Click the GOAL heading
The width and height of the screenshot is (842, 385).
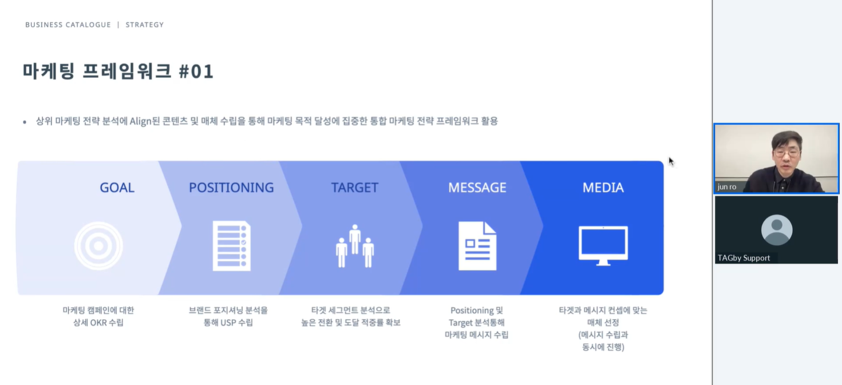coord(117,188)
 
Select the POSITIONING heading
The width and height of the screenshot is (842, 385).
coord(231,188)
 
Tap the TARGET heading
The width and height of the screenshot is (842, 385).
coord(354,188)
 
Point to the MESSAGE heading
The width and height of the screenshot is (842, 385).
coord(477,188)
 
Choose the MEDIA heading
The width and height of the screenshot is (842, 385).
coord(603,188)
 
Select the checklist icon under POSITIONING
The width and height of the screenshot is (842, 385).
coord(232,246)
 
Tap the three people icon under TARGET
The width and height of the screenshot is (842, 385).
coord(355,246)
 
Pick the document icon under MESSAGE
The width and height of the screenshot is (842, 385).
coord(477,246)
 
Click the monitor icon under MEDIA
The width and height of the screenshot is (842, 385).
coord(603,245)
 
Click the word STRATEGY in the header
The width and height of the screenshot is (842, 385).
coord(145,25)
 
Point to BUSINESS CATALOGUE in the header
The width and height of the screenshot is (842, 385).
coord(68,25)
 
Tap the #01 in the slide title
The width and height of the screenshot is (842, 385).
coord(196,72)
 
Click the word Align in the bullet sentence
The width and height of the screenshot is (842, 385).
coord(140,121)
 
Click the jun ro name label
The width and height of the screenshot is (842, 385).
coord(727,186)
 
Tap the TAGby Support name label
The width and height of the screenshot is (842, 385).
coord(744,258)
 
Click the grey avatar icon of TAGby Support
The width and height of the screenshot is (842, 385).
coord(777,230)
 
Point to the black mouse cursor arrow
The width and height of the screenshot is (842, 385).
coord(671,161)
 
